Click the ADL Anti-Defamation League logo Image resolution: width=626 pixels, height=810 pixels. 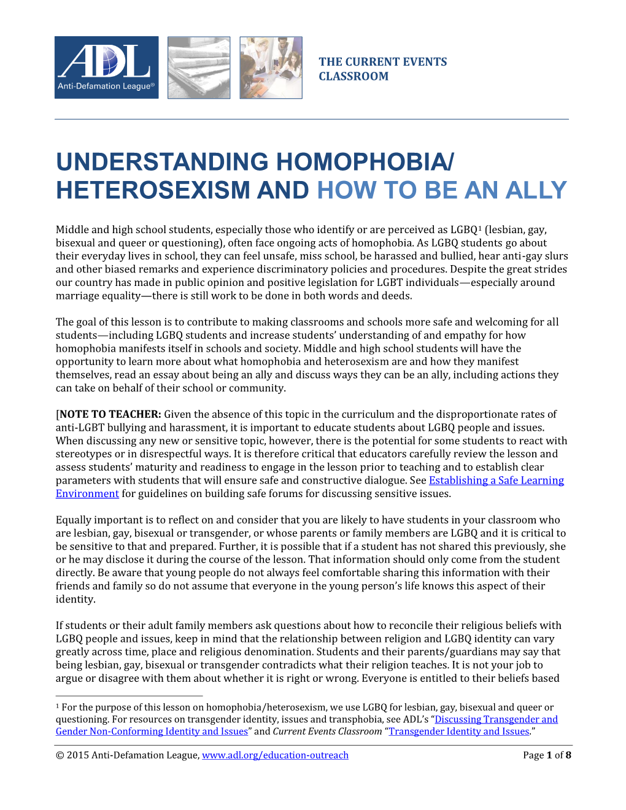[x=106, y=67]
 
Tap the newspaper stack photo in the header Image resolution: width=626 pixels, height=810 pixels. [x=199, y=67]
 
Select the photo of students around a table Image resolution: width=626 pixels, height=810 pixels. [x=271, y=67]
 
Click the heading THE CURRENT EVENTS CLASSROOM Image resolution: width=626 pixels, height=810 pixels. [x=382, y=69]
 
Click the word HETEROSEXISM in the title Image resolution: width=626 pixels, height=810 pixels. [x=153, y=190]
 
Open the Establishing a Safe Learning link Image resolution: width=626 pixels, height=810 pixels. [x=496, y=480]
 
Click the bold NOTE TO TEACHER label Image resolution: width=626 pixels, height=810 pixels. [x=110, y=414]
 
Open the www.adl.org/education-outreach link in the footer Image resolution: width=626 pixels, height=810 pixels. [x=275, y=755]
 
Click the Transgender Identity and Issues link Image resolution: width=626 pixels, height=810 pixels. [x=459, y=731]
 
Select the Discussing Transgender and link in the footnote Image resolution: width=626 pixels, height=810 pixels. [x=496, y=719]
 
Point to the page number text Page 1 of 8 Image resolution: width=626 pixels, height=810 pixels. [x=547, y=755]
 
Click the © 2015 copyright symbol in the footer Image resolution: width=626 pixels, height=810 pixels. [x=60, y=755]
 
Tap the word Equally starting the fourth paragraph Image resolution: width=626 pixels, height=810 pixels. [x=73, y=520]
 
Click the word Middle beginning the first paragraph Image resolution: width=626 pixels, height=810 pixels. [x=72, y=229]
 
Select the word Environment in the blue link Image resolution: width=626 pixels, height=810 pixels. [x=87, y=494]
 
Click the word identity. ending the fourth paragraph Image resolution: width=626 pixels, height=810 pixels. [x=75, y=600]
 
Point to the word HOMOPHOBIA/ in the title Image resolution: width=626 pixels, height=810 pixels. [x=365, y=162]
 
